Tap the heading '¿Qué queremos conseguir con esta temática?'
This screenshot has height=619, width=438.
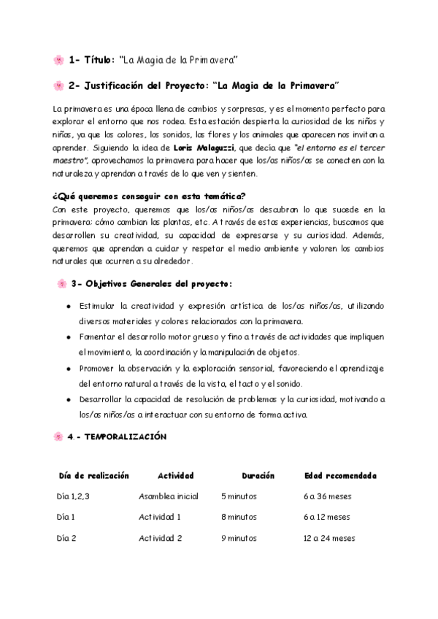[x=149, y=196]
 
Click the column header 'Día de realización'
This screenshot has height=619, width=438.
[x=94, y=476]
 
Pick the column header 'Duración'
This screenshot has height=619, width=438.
[x=258, y=476]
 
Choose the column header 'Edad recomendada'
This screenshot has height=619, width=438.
[x=340, y=476]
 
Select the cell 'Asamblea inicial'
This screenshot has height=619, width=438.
[x=169, y=496]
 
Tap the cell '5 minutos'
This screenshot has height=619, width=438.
[x=239, y=496]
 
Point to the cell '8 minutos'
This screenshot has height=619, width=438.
[x=239, y=518]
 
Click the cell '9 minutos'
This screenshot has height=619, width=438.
[x=239, y=539]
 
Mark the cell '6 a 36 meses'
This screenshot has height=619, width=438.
[x=327, y=496]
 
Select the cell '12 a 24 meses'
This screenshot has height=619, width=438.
[x=329, y=539]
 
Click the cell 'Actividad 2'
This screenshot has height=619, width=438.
[x=160, y=539]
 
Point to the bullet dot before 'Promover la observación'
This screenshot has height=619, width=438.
[x=68, y=369]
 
